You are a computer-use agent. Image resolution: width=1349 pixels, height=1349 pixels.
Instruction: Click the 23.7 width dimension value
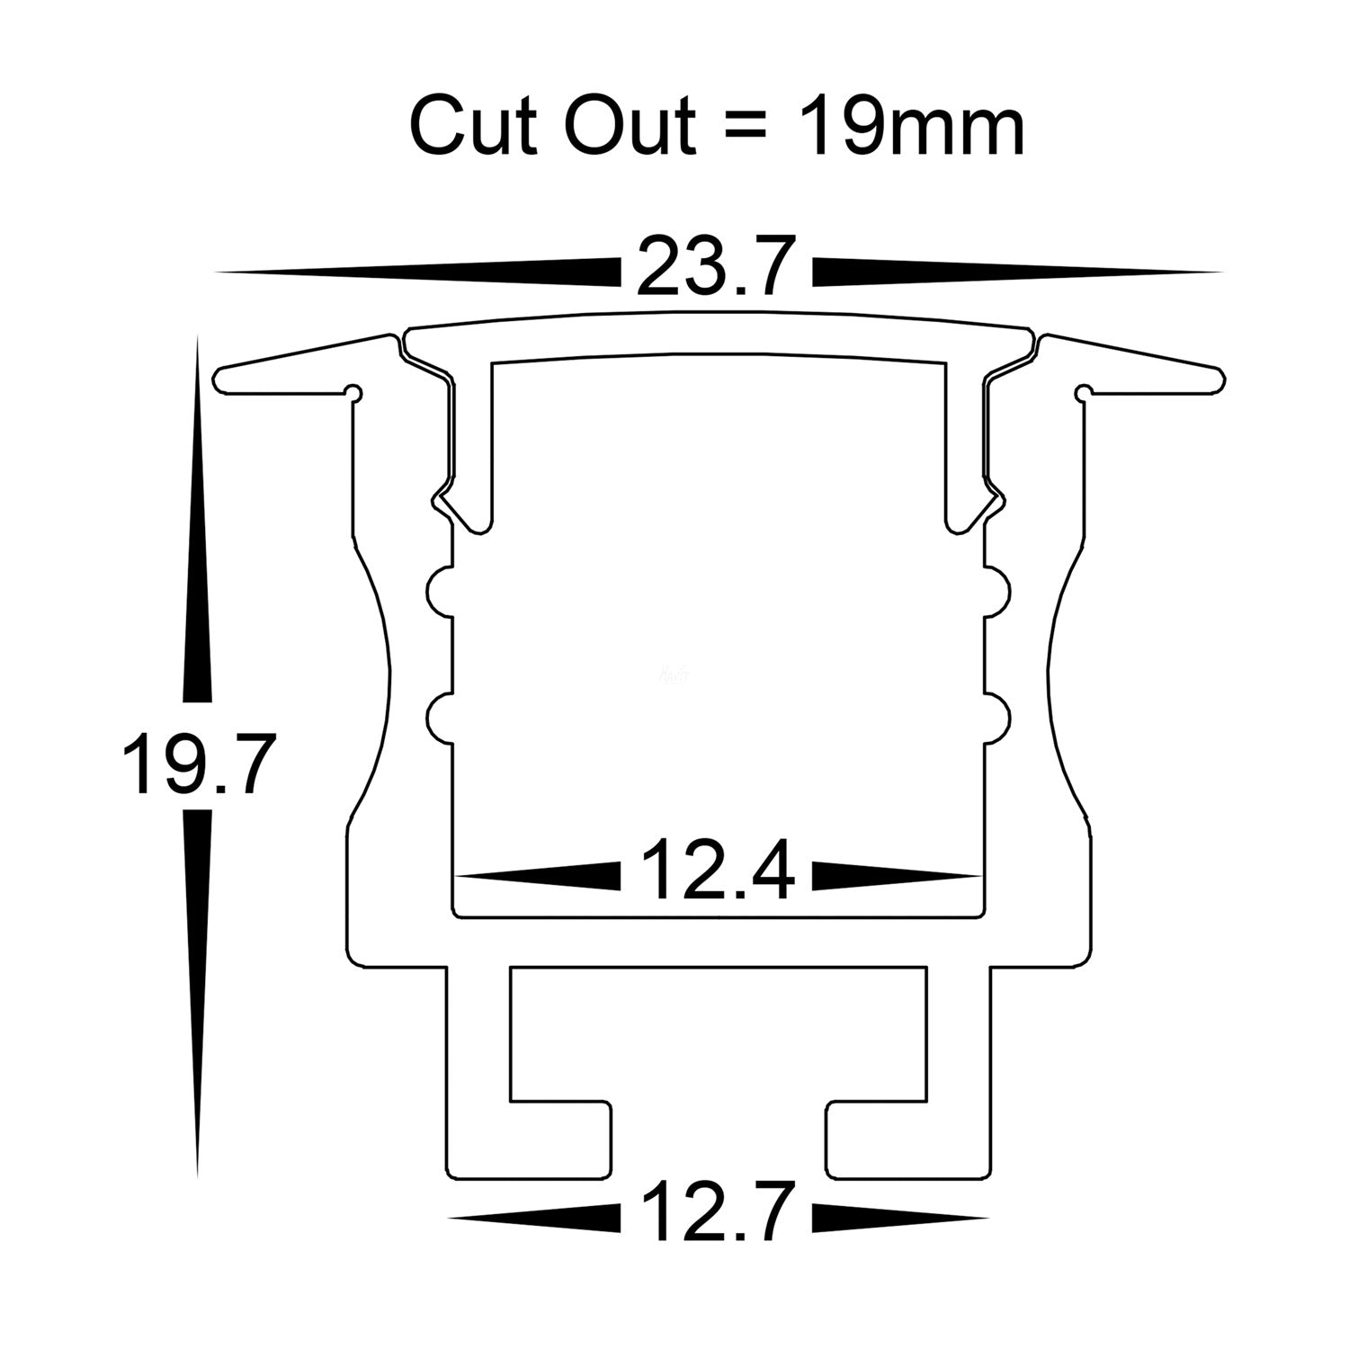(717, 266)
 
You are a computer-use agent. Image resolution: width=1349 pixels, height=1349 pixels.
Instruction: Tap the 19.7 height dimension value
(195, 764)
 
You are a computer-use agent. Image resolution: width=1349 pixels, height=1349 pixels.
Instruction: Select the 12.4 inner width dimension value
(717, 870)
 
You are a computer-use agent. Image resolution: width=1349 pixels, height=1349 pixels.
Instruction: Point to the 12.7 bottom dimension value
(717, 1213)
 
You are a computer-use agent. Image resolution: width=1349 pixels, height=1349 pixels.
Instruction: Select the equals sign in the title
(738, 128)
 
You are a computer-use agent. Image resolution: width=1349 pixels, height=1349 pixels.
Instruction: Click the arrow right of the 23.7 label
(1016, 272)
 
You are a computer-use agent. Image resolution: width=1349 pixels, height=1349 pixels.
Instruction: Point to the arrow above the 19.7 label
(197, 522)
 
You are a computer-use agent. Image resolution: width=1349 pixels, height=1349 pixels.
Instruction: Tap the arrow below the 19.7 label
(197, 989)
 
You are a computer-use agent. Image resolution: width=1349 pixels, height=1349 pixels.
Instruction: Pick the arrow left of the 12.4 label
(540, 875)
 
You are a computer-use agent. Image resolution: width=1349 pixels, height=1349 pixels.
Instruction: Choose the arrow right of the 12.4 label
(896, 875)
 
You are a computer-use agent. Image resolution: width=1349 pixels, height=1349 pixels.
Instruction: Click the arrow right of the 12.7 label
(899, 1218)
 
